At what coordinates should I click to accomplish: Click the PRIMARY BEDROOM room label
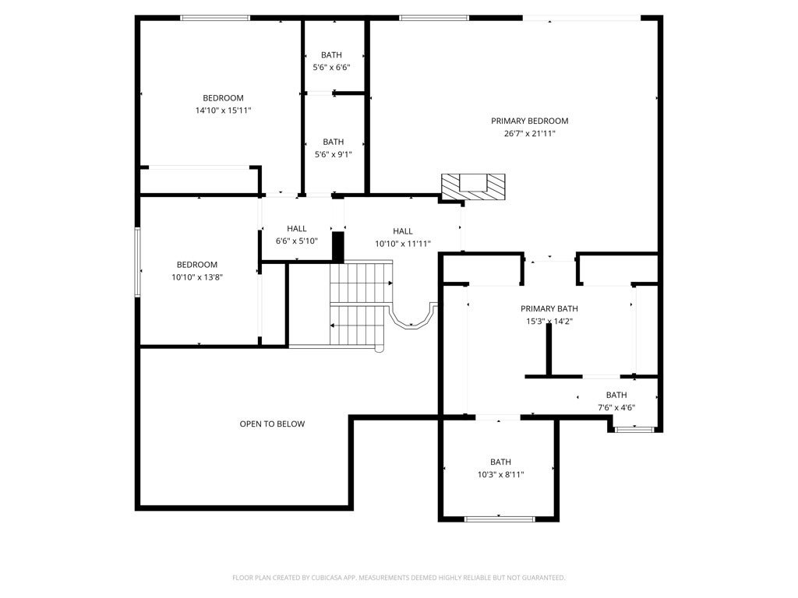(x=529, y=121)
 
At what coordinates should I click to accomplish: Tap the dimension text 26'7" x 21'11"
(x=529, y=134)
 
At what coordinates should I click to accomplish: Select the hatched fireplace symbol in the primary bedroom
(x=474, y=186)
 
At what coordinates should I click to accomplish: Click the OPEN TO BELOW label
(x=272, y=424)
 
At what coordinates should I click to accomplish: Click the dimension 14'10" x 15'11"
(x=223, y=111)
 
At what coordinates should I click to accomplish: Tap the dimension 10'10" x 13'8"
(x=196, y=277)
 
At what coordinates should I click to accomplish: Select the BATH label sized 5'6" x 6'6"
(x=331, y=55)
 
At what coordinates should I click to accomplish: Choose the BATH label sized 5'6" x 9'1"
(x=333, y=142)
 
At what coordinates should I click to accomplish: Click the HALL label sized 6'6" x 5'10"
(x=297, y=229)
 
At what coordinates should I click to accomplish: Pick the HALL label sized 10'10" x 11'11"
(x=403, y=231)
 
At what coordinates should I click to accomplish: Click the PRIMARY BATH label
(x=549, y=309)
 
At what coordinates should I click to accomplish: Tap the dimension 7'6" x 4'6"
(x=616, y=407)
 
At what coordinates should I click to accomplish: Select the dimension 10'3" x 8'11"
(x=500, y=474)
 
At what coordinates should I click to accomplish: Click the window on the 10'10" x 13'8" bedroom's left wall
(x=137, y=262)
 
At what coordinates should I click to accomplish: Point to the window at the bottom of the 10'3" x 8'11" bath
(x=499, y=519)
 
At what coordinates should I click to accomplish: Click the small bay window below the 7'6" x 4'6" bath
(x=634, y=428)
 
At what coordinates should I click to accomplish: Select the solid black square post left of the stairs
(x=338, y=247)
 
